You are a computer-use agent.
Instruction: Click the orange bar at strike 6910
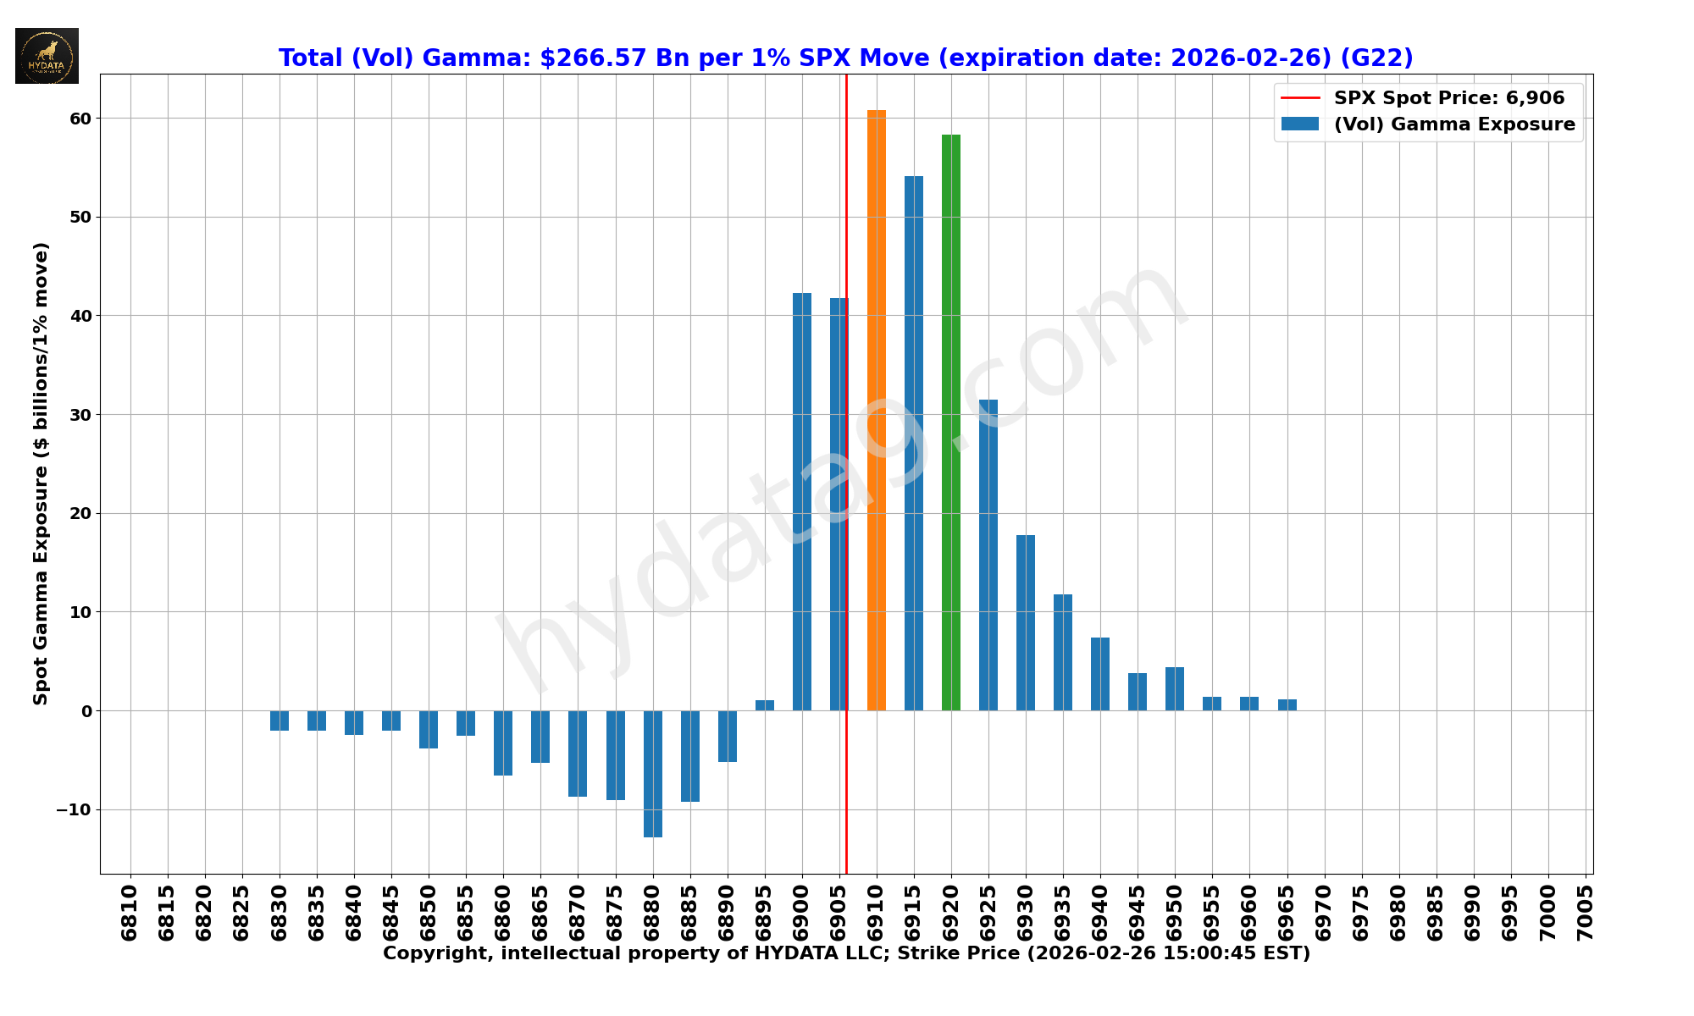[x=876, y=411]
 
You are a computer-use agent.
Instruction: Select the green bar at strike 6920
[x=950, y=422]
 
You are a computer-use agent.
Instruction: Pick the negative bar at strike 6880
[x=652, y=774]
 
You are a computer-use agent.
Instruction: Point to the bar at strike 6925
[x=988, y=555]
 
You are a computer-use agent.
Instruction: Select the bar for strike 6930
[x=1025, y=622]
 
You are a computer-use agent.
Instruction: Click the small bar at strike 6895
[x=764, y=705]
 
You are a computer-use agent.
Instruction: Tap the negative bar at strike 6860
[x=503, y=743]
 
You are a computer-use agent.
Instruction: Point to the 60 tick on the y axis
[x=80, y=119]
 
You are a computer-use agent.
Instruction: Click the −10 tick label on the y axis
[x=74, y=809]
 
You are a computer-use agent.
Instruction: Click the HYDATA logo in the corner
[x=47, y=56]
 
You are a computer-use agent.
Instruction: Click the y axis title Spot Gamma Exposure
[x=41, y=473]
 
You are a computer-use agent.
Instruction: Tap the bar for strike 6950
[x=1174, y=688]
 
